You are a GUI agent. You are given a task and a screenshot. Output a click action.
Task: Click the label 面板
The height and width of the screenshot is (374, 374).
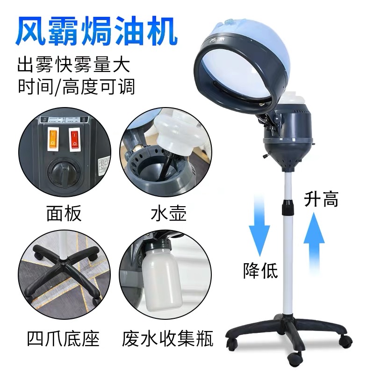click(64, 213)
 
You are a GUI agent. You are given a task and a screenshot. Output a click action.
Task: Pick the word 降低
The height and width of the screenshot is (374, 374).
click(260, 270)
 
